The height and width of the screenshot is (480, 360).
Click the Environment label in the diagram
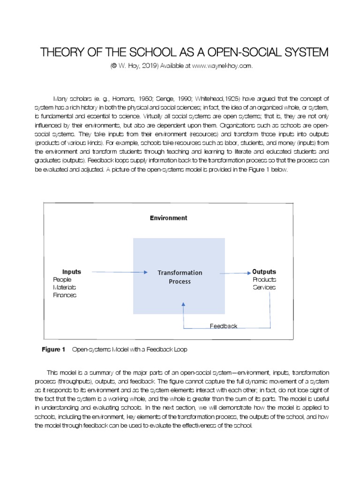point(168,218)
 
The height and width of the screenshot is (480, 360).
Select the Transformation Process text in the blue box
point(180,277)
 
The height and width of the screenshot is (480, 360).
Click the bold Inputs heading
point(72,272)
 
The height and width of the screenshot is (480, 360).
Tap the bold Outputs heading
point(264,272)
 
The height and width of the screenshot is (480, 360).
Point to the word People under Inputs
point(62,279)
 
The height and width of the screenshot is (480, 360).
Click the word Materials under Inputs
point(65,287)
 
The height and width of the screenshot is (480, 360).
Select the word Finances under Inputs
point(65,295)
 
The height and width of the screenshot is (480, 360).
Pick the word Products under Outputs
point(264,279)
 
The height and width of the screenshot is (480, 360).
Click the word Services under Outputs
point(264,287)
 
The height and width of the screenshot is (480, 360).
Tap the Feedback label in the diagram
point(223,326)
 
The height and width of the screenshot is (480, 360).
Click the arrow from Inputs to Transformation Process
point(120,272)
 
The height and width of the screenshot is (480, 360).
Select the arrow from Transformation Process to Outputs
point(237,272)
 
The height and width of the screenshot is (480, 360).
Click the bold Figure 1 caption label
point(53,350)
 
